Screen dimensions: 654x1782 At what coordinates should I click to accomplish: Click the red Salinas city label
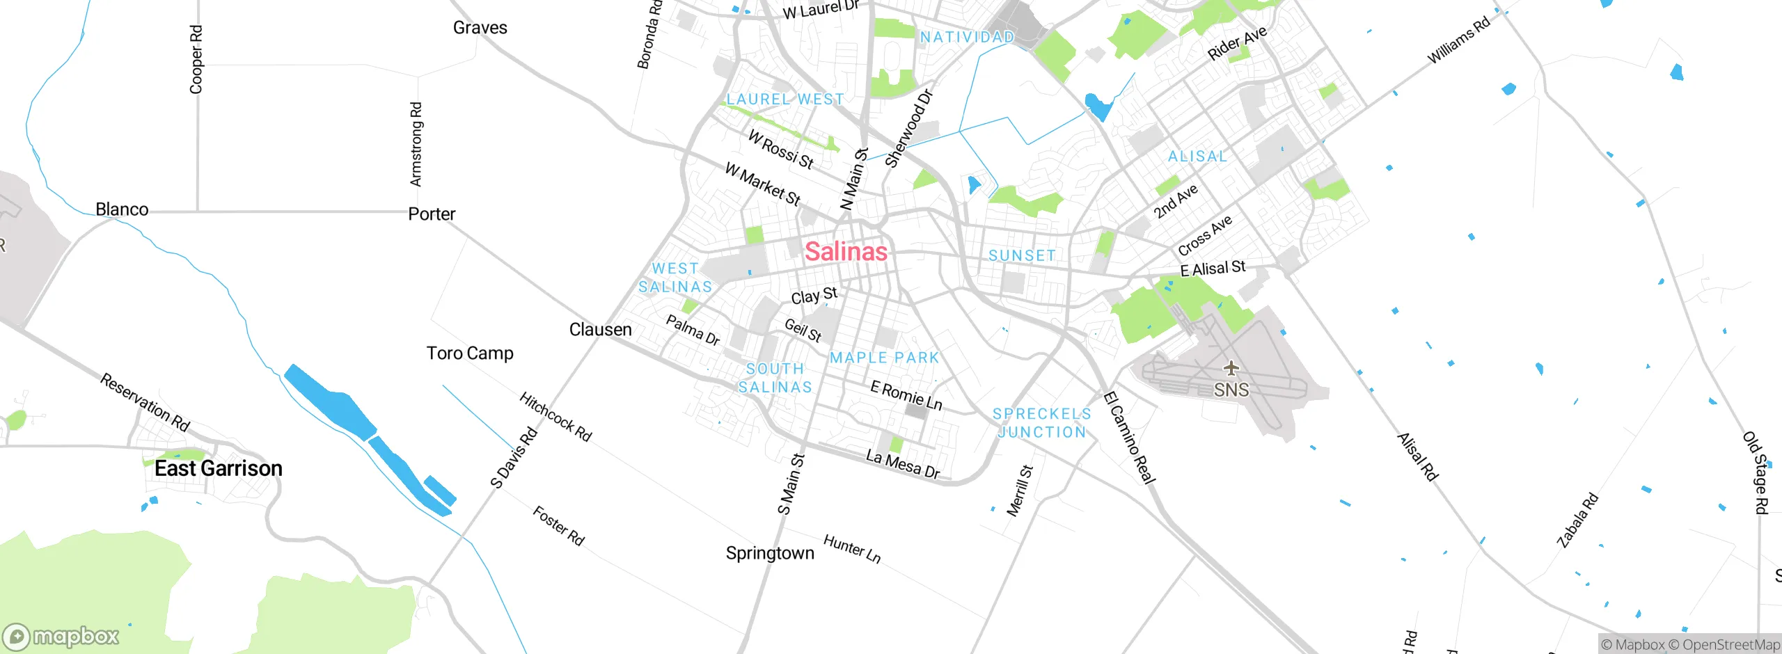(x=846, y=251)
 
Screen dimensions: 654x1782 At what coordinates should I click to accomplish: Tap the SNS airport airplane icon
(x=1231, y=368)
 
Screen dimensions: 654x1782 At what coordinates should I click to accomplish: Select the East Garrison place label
(x=218, y=468)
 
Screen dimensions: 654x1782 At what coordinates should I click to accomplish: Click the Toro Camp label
(x=470, y=353)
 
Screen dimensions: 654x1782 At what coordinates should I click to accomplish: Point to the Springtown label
(x=770, y=553)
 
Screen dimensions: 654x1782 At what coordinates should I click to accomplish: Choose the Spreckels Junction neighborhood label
(x=1041, y=423)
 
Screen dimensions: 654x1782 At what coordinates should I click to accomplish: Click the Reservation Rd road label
(x=145, y=402)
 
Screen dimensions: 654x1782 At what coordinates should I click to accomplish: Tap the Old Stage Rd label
(x=1755, y=473)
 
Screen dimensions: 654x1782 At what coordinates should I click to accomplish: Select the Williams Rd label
(x=1458, y=40)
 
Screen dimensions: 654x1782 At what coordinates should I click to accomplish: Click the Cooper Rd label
(x=196, y=59)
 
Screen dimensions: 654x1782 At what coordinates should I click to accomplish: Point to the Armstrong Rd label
(x=416, y=145)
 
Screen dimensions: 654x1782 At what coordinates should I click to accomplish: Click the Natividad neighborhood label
(x=967, y=37)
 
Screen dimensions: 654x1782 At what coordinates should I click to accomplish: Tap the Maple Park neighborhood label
(x=884, y=358)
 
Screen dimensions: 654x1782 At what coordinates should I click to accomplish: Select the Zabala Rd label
(x=1577, y=520)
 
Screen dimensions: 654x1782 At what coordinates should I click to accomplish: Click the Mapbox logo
(x=61, y=636)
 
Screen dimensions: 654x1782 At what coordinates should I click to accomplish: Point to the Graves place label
(x=480, y=28)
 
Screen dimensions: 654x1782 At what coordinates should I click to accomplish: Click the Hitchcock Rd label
(x=555, y=417)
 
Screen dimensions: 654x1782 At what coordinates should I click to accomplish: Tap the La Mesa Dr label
(x=902, y=464)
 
